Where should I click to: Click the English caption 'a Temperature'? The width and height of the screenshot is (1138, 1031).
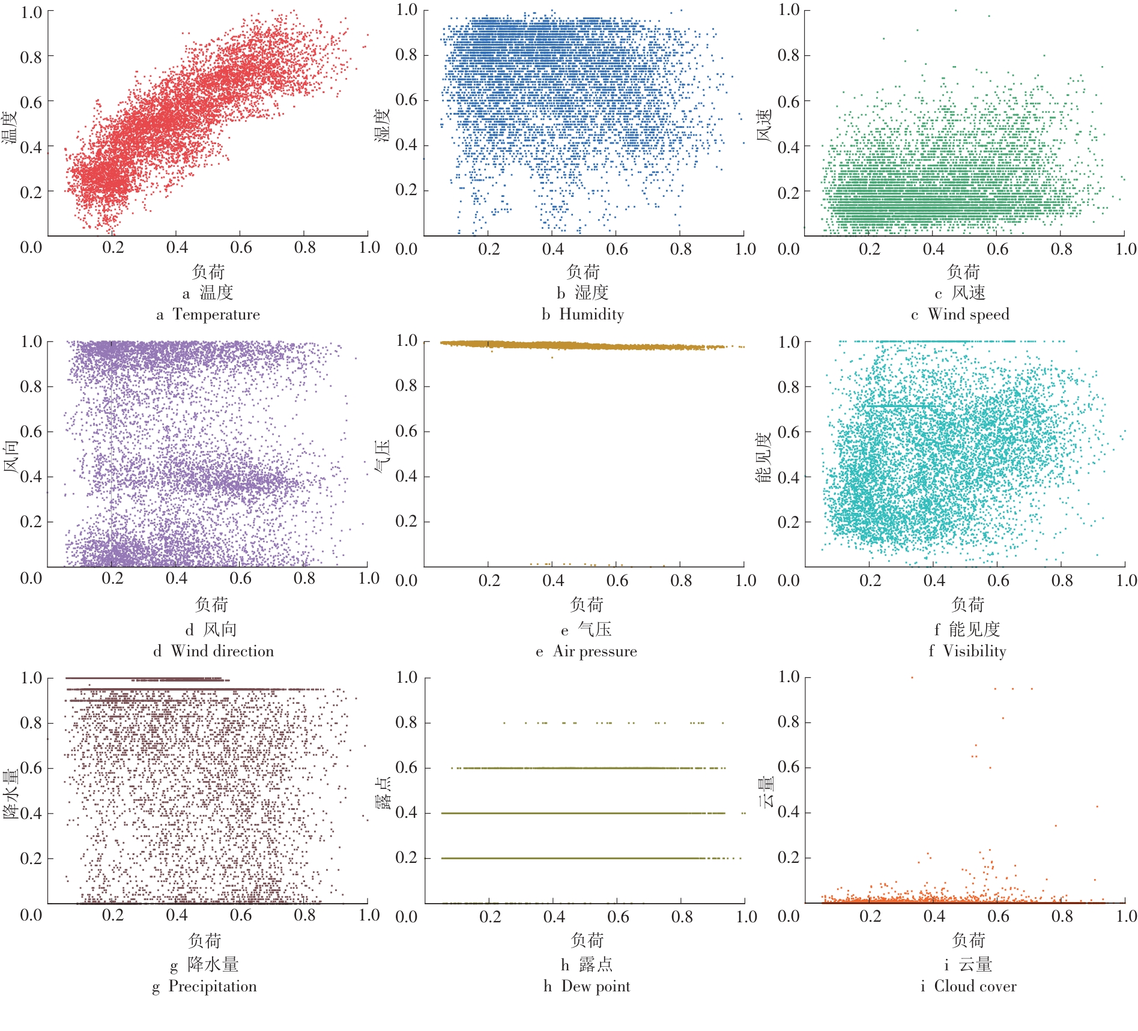coord(208,315)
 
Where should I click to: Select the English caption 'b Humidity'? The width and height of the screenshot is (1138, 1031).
coord(583,315)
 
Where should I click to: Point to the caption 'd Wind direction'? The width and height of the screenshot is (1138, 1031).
coord(214,652)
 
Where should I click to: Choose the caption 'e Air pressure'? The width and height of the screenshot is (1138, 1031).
coord(587,652)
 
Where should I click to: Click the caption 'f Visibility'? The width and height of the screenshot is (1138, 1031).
coord(967,652)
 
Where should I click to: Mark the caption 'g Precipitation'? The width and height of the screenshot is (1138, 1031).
coord(205,987)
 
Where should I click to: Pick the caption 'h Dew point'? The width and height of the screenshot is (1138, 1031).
coord(587,987)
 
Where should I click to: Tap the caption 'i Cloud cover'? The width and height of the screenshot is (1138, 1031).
coord(969,987)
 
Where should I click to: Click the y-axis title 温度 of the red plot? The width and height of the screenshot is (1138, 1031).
coord(10,127)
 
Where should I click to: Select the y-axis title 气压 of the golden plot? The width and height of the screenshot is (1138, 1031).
coord(383,456)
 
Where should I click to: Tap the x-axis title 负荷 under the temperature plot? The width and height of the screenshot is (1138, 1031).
coord(208,272)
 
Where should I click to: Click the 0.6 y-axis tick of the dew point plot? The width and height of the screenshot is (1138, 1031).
coord(406,767)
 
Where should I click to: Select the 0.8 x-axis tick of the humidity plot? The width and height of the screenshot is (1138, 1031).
coord(681,249)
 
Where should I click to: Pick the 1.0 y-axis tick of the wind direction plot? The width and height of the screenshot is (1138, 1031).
coord(31,342)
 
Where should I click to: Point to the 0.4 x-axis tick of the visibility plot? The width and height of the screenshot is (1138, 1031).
coord(934,581)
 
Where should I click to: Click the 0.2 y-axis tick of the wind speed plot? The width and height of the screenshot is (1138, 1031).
coord(788,193)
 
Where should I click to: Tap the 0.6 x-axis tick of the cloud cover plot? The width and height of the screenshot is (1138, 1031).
coord(998,916)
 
